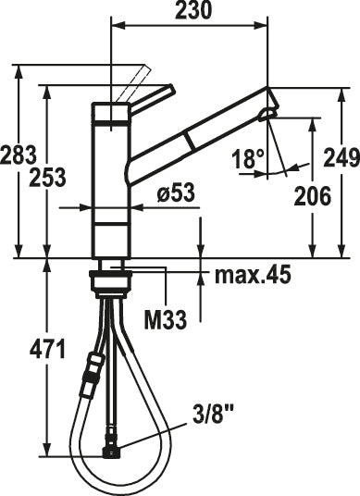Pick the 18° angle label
[x=249, y=159]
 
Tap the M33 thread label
[x=167, y=320]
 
